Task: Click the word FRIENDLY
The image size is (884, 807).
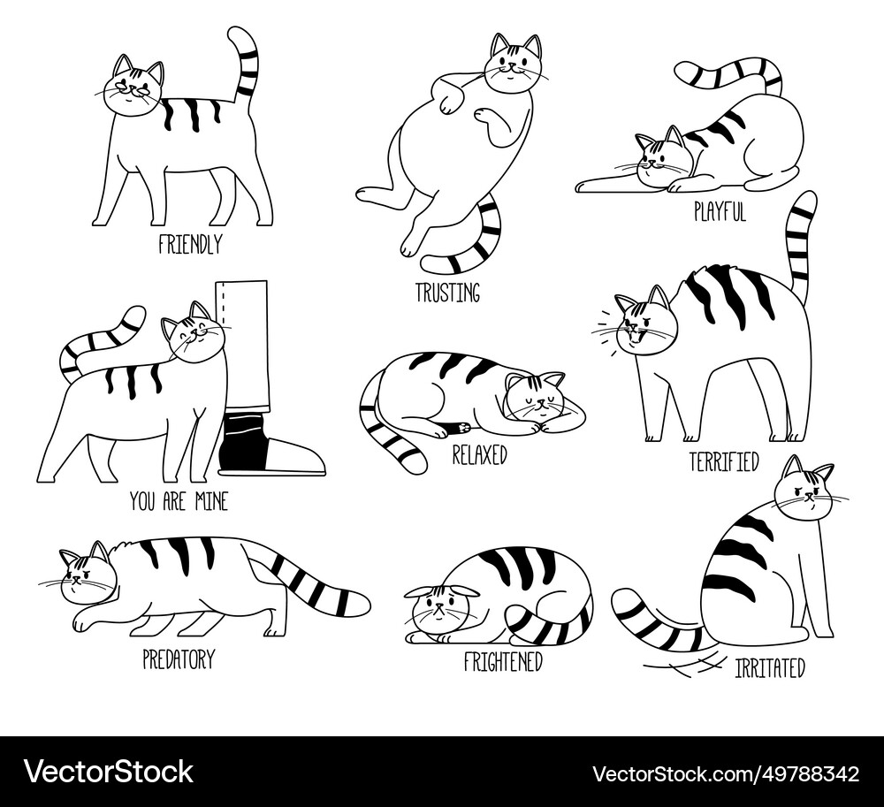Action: pyautogui.click(x=190, y=244)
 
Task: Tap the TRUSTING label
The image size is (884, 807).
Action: pyautogui.click(x=448, y=293)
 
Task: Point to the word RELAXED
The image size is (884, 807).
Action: pyautogui.click(x=479, y=455)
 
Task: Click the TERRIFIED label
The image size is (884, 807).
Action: pyautogui.click(x=724, y=461)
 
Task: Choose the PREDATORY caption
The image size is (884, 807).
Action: pyautogui.click(x=178, y=659)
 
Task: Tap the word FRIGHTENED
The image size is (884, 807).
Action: pyautogui.click(x=503, y=661)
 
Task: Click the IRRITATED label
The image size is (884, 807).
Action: pyautogui.click(x=769, y=668)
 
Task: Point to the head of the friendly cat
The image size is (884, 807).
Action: pyautogui.click(x=133, y=87)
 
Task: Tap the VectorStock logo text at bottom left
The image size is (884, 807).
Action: pyautogui.click(x=109, y=772)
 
